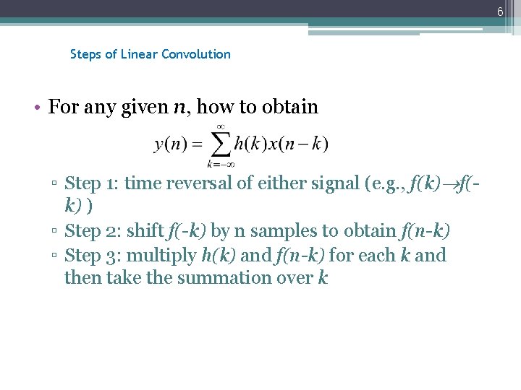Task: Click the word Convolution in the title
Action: tap(196, 54)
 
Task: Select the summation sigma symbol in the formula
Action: tap(219, 144)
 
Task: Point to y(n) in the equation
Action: tap(171, 144)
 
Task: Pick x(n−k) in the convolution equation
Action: tap(297, 144)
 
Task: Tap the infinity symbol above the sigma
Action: tap(220, 126)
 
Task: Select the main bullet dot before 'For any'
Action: tap(37, 108)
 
